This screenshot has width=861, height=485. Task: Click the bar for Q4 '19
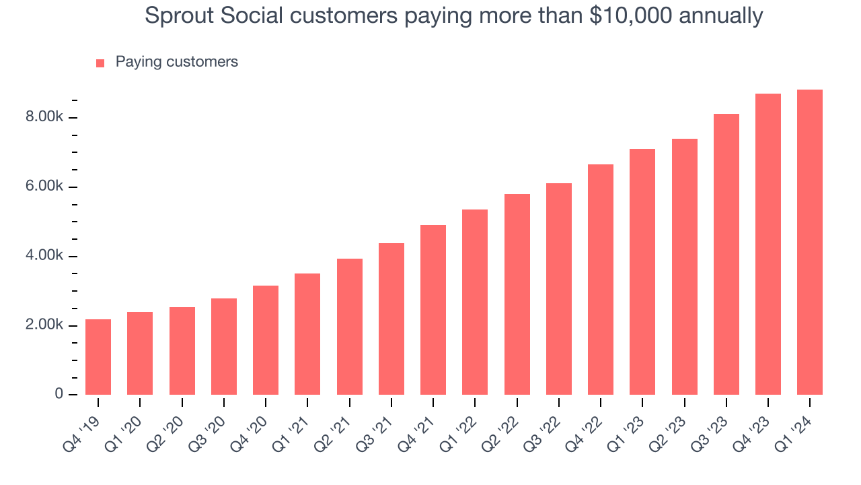pos(98,357)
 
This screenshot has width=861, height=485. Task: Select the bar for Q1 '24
pos(809,243)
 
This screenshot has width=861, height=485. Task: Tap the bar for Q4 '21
pos(433,310)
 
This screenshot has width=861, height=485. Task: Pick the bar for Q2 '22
pos(517,294)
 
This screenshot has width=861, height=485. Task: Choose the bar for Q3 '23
pos(726,255)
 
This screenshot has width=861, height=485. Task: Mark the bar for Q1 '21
pos(307,334)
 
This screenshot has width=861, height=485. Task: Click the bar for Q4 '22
pos(601,280)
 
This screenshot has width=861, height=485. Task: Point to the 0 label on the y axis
pos(59,394)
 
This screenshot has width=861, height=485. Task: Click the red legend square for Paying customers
pos(100,63)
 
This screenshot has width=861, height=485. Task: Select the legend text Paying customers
pos(176,62)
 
